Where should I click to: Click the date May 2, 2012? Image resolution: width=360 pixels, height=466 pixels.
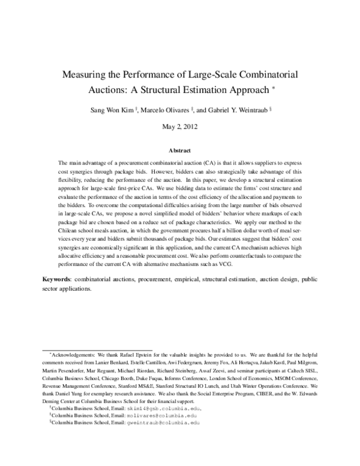pyautogui.click(x=179, y=127)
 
